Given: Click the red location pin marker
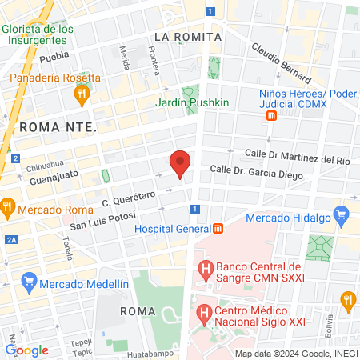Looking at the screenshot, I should coord(181,163).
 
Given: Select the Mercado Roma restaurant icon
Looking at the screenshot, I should coord(6,210).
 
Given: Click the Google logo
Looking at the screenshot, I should coord(26,350).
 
